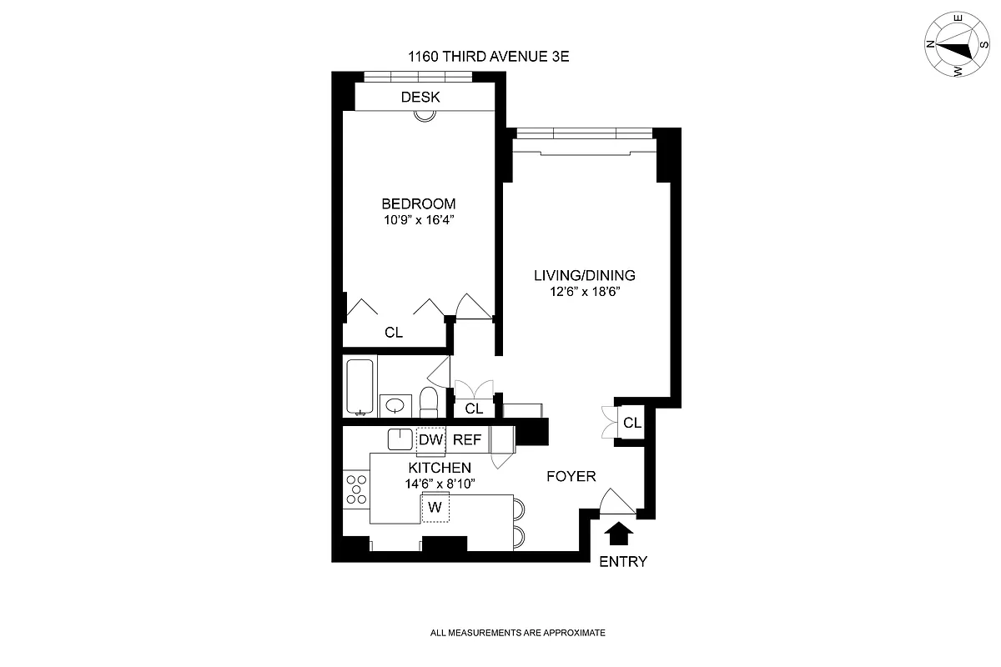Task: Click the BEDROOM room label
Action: pos(419,203)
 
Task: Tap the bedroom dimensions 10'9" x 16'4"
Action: pos(419,221)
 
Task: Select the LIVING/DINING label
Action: pos(585,275)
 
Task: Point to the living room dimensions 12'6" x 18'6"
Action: pos(585,293)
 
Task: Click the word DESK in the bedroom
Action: pos(420,98)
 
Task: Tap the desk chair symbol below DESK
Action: pos(425,116)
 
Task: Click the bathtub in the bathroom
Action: pos(360,384)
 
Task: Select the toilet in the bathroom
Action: pos(428,402)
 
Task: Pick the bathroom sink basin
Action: pos(395,406)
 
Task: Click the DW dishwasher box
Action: pos(430,439)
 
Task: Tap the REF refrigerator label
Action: pos(466,439)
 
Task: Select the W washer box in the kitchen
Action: pos(435,507)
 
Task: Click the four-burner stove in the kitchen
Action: pos(356,489)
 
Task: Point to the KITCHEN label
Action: pos(440,468)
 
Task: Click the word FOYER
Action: pos(571,476)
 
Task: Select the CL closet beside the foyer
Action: pos(632,423)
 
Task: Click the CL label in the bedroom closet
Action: pos(394,333)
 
